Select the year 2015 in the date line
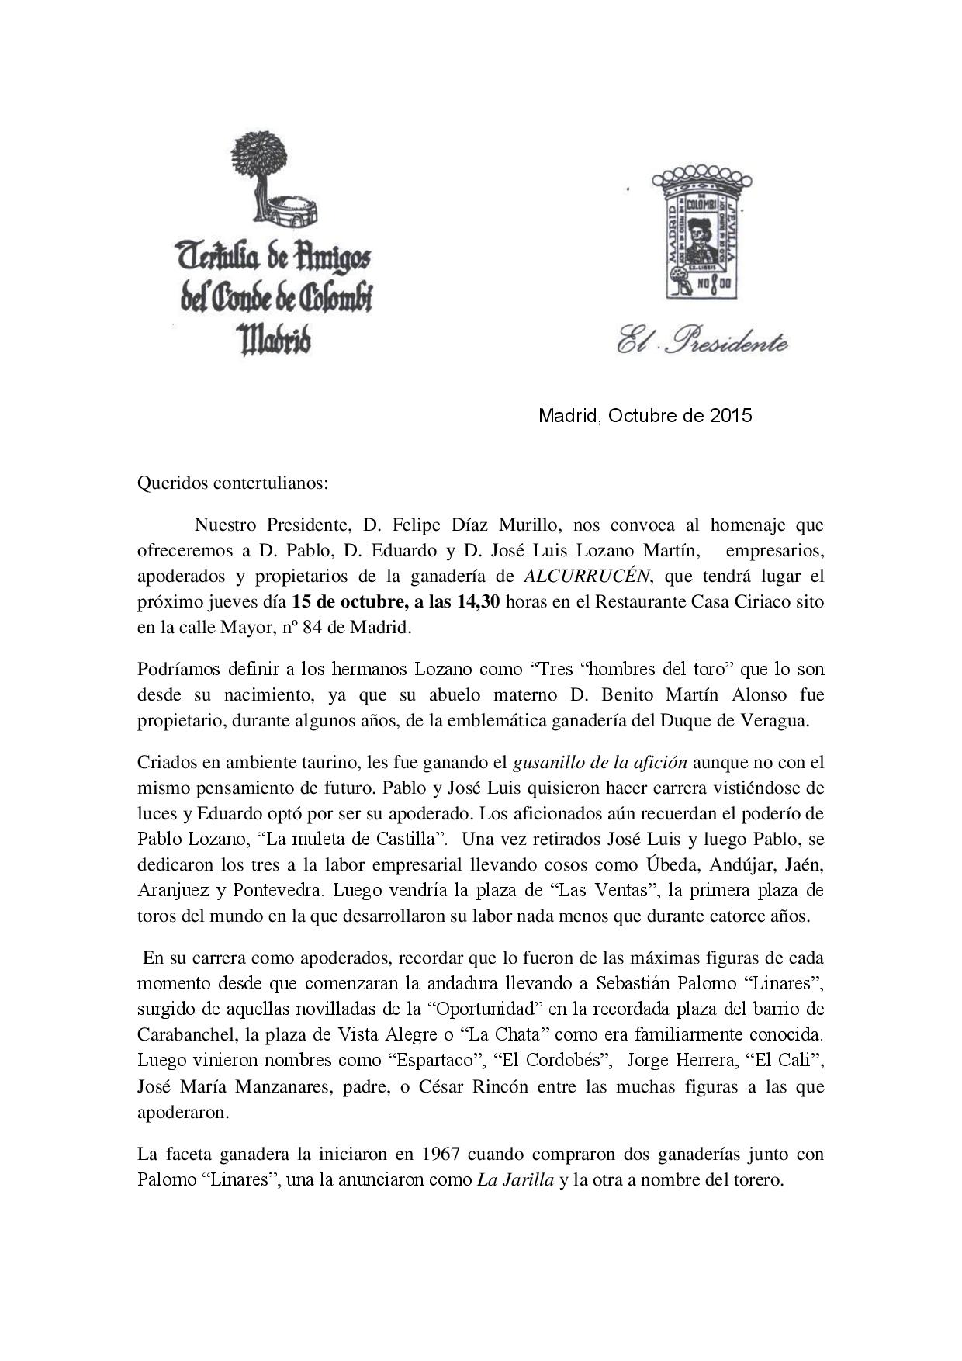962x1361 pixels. pos(731,415)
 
